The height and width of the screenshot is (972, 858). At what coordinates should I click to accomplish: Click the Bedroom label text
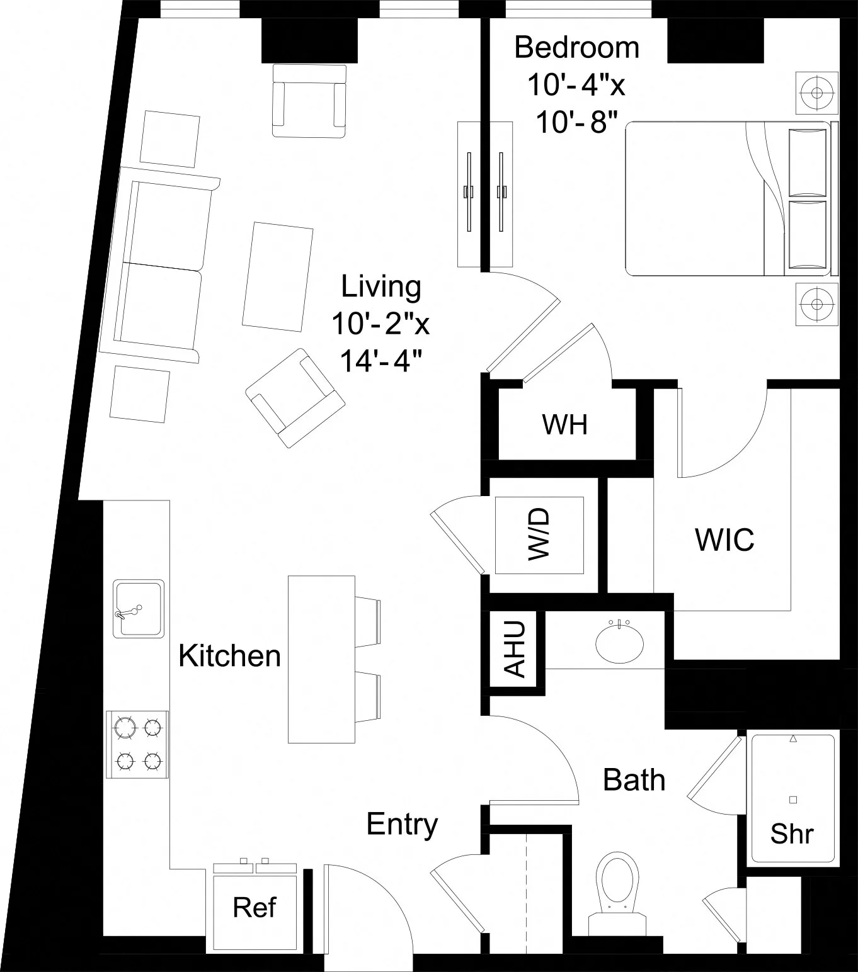[576, 48]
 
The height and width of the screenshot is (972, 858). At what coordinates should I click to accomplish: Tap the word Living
[381, 286]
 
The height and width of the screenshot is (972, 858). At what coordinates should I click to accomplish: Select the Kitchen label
[229, 656]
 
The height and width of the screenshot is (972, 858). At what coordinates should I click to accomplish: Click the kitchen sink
[139, 608]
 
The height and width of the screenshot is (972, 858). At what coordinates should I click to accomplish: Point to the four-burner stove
[137, 744]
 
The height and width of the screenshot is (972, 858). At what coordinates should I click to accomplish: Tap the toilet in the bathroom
[617, 888]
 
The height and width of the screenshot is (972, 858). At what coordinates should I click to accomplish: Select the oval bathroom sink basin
[620, 642]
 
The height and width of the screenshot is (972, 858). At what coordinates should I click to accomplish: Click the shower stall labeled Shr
[792, 798]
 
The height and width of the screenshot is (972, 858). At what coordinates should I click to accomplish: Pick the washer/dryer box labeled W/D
[539, 534]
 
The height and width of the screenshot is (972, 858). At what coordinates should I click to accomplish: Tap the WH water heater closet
[565, 425]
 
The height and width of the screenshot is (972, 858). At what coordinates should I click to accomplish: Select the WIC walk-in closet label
[724, 540]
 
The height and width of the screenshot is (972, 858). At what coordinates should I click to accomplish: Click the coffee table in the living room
[278, 276]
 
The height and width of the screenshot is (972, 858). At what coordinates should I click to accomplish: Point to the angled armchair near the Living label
[295, 398]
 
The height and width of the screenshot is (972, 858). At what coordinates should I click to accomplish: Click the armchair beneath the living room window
[309, 101]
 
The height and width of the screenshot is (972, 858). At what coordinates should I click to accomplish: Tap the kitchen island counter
[321, 659]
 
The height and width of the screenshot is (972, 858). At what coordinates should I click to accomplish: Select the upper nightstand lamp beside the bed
[817, 93]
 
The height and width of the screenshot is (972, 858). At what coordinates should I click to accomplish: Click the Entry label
[402, 824]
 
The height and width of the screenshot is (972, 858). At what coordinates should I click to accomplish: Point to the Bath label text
[634, 780]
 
